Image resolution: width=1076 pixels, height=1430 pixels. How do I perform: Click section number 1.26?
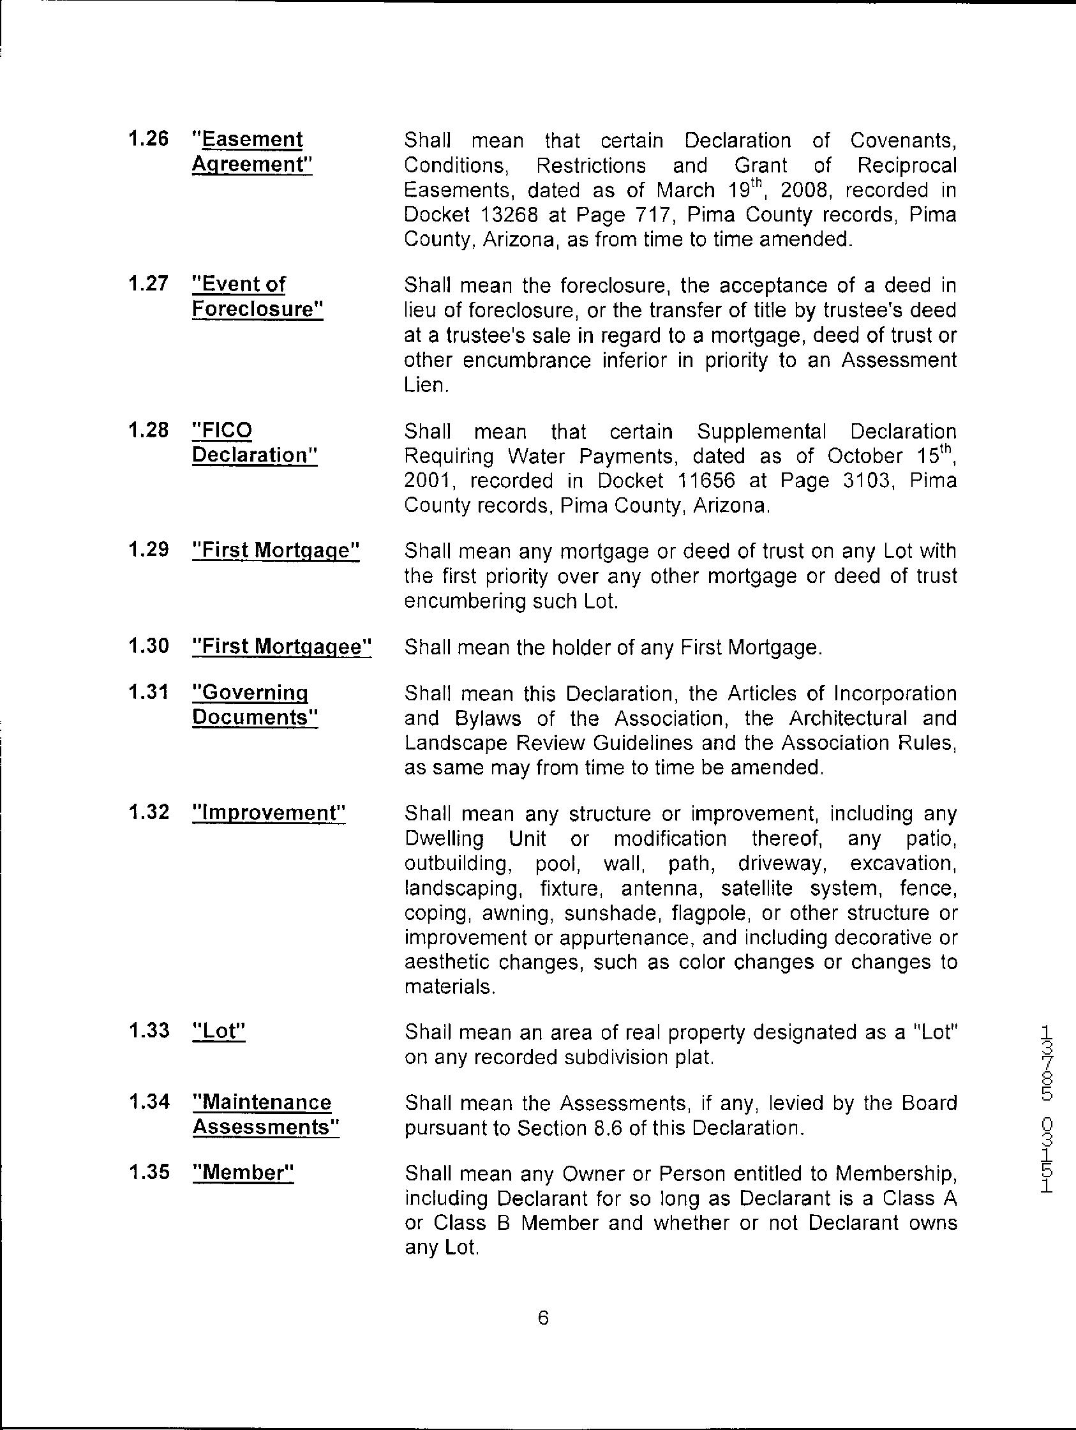148,139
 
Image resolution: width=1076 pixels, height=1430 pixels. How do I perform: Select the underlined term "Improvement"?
269,813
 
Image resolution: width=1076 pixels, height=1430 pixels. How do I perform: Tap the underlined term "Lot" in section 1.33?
219,1031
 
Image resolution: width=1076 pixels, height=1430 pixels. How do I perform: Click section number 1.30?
148,645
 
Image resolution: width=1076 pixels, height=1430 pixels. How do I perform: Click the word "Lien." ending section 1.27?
425,386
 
